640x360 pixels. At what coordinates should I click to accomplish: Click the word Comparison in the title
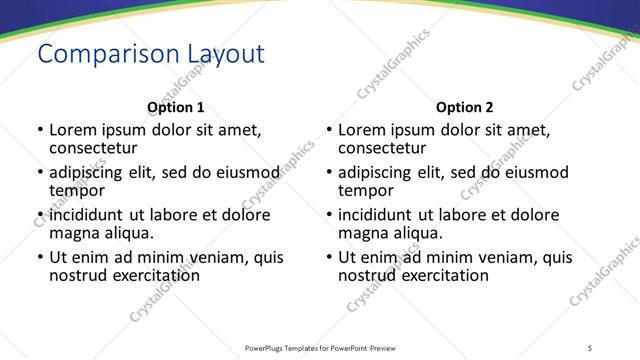pyautogui.click(x=96, y=53)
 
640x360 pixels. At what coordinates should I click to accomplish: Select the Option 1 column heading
pyautogui.click(x=176, y=107)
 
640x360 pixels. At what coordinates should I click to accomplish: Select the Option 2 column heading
pyautogui.click(x=465, y=107)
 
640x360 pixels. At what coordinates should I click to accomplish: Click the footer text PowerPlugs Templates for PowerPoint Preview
pyautogui.click(x=320, y=347)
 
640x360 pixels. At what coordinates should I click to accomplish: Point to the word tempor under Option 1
pyautogui.click(x=77, y=190)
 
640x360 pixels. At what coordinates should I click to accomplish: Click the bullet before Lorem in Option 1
pyautogui.click(x=39, y=130)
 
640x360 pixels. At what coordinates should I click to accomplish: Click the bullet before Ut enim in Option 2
pyautogui.click(x=328, y=257)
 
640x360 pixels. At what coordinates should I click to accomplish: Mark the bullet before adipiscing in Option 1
pyautogui.click(x=39, y=172)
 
